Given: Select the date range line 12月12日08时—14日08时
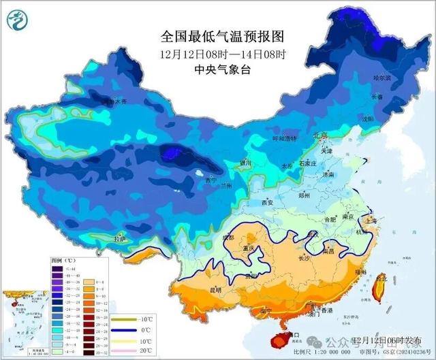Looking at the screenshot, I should click(221, 53).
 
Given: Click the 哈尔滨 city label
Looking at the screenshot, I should click(384, 79).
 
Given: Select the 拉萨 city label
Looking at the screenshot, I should click(120, 239).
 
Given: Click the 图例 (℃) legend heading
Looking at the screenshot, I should click(63, 261).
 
